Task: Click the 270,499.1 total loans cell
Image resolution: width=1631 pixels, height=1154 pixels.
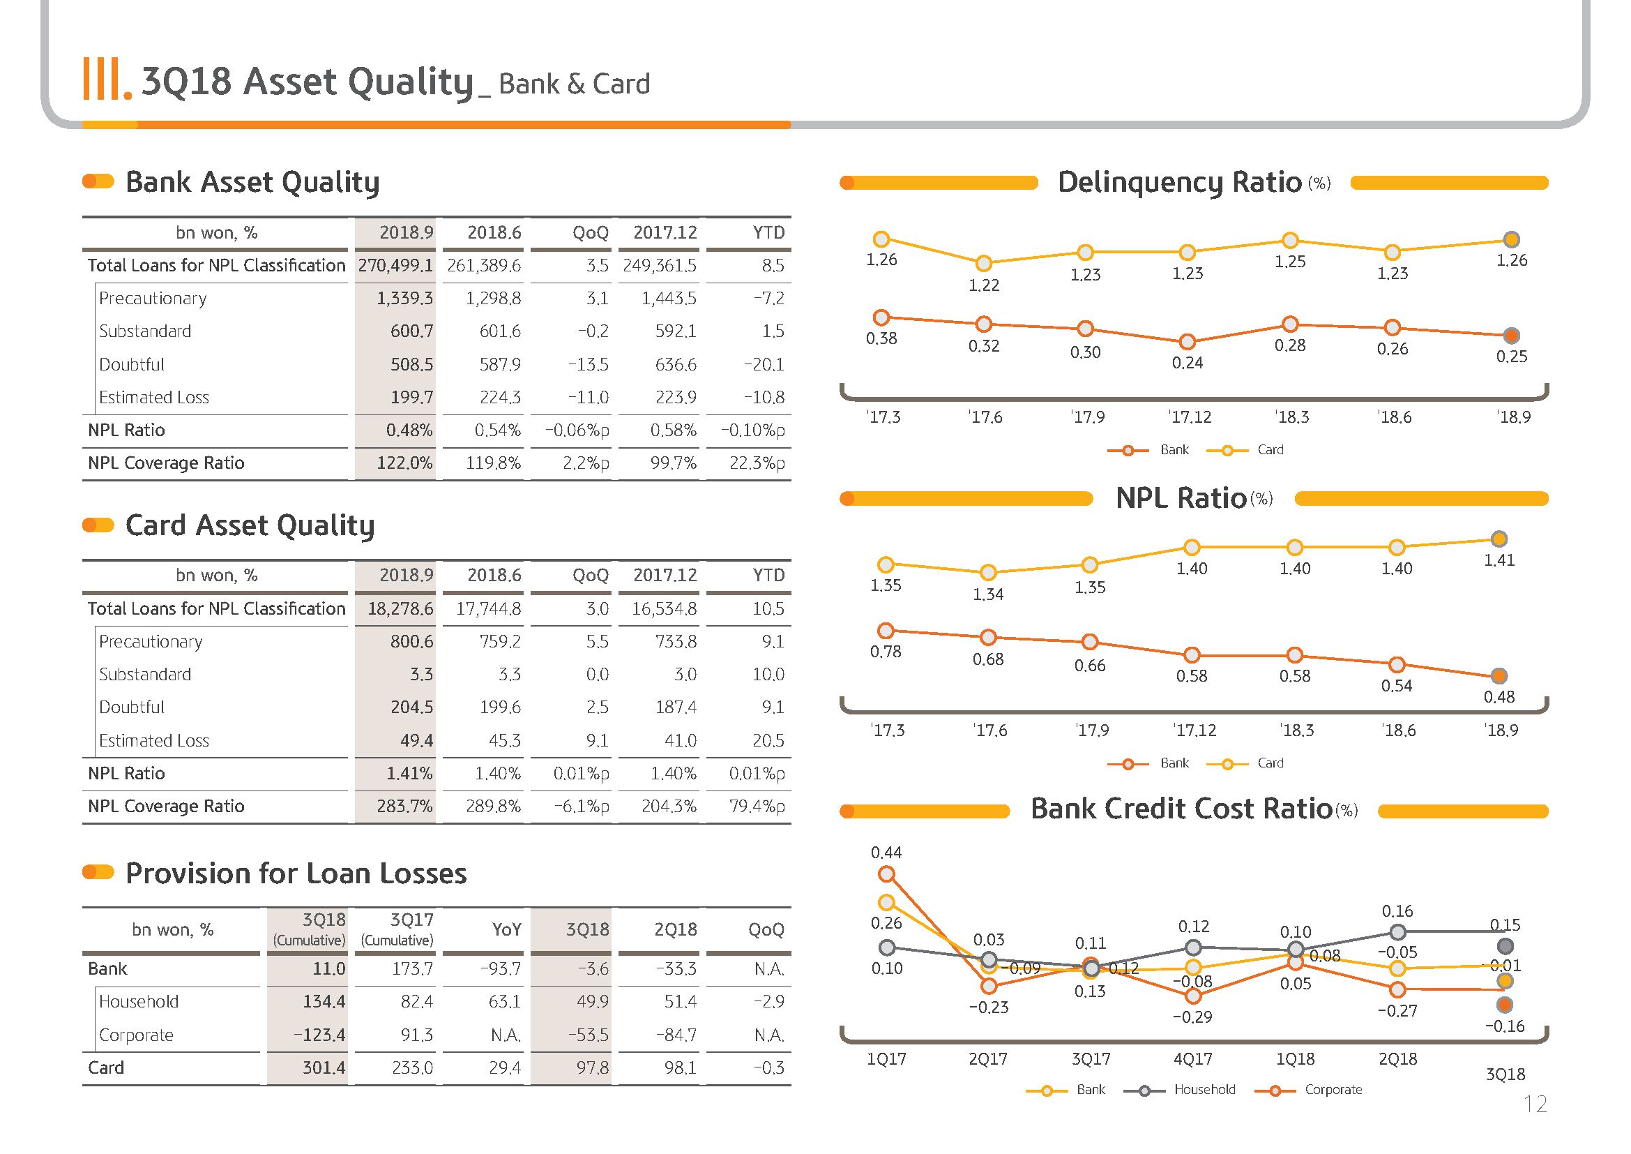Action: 395,266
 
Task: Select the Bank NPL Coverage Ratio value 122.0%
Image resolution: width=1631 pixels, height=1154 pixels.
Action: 404,463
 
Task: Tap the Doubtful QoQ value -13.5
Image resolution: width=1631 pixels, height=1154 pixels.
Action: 589,364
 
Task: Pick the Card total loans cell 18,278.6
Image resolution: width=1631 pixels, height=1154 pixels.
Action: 400,609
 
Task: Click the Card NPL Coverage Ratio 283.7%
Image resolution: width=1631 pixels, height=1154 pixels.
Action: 404,807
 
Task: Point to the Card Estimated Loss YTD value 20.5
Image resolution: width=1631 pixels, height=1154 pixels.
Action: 768,740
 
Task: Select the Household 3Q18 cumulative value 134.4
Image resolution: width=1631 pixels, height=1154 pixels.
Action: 324,1002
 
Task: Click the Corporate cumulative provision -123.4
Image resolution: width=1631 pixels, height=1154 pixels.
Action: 319,1035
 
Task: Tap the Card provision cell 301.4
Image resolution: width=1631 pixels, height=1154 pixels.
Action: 324,1068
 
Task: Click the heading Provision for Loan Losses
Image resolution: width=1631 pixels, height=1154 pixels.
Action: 296,874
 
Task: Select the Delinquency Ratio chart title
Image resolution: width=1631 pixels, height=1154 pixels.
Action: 1194,182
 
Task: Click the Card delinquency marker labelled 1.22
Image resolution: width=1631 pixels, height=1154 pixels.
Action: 984,264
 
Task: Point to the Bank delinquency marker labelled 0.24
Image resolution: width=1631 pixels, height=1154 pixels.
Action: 1188,342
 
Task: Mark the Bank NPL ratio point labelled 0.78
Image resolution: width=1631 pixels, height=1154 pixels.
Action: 886,630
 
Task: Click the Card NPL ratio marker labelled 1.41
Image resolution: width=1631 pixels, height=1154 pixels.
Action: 1499,539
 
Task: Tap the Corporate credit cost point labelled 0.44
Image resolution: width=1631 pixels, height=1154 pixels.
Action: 887,875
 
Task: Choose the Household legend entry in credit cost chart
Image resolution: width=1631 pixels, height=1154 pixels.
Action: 1181,1090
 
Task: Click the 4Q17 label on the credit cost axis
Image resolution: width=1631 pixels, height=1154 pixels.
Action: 1192,1060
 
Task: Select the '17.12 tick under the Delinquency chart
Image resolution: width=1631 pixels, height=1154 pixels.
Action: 1190,417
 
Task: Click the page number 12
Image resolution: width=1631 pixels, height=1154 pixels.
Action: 1535,1104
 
